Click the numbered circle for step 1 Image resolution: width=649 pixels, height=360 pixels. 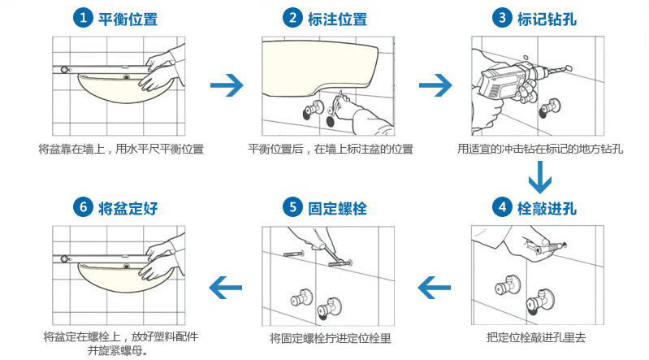pyautogui.click(x=83, y=18)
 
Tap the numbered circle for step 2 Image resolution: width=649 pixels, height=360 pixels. pyautogui.click(x=292, y=18)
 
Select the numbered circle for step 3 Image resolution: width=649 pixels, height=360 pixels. pyautogui.click(x=502, y=18)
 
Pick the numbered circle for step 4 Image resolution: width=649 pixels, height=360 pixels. pyautogui.click(x=502, y=207)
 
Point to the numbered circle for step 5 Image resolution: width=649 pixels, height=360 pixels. pyautogui.click(x=292, y=207)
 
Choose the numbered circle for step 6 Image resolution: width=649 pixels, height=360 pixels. pyautogui.click(x=83, y=207)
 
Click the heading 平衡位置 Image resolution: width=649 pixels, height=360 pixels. pyautogui.click(x=128, y=19)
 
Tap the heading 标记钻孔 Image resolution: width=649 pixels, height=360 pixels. pyautogui.click(x=547, y=19)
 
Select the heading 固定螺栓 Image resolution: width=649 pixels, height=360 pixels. pyautogui.click(x=337, y=208)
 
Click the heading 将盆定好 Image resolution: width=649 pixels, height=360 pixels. pyautogui.click(x=128, y=208)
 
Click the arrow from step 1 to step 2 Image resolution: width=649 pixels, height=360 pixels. pyautogui.click(x=227, y=85)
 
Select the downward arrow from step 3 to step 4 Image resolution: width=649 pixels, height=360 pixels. pyautogui.click(x=540, y=177)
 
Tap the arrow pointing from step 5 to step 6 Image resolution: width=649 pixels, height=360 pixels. pyautogui.click(x=226, y=287)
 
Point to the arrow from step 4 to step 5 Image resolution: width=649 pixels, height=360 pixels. pyautogui.click(x=435, y=287)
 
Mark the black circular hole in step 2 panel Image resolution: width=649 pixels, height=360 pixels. pyautogui.click(x=331, y=121)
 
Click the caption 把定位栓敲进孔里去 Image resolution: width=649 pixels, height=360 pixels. pyautogui.click(x=536, y=337)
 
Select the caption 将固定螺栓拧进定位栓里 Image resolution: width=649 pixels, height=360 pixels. pyautogui.click(x=331, y=338)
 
